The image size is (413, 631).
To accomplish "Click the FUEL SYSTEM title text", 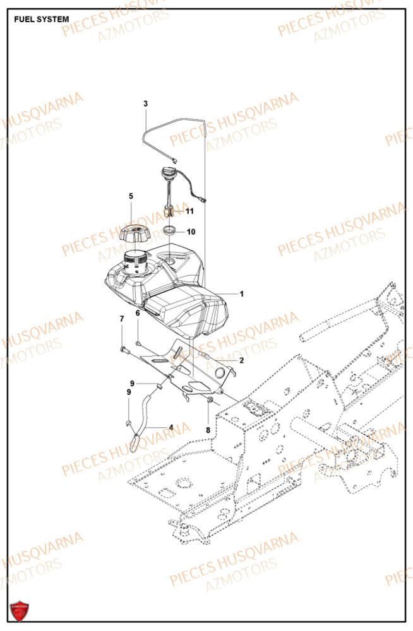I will tap(42, 20).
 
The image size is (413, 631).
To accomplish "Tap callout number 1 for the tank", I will tap(241, 293).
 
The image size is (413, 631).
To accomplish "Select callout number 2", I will tap(241, 360).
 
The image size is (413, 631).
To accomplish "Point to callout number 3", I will tap(145, 103).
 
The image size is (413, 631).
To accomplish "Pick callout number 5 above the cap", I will tap(131, 196).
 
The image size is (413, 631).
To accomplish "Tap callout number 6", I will tap(137, 313).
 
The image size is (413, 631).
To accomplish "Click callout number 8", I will tap(208, 431).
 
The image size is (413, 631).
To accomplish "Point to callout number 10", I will tap(191, 232).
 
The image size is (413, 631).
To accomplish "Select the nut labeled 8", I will tap(209, 401).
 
